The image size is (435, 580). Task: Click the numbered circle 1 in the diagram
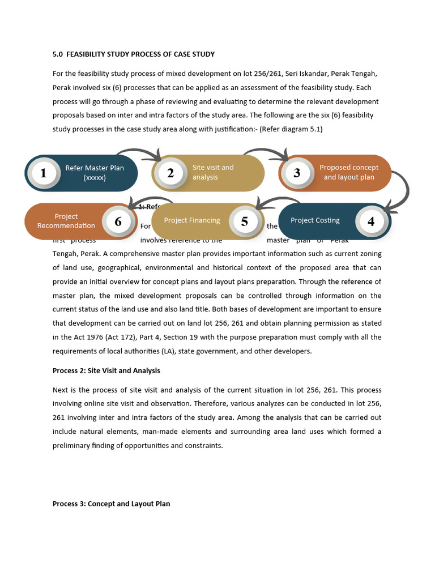(44, 173)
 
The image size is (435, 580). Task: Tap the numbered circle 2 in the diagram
(170, 173)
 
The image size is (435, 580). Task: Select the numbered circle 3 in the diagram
(297, 173)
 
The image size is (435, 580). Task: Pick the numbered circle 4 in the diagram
(371, 221)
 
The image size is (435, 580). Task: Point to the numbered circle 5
(245, 221)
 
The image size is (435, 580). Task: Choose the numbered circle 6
(118, 221)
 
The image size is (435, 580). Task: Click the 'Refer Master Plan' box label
(95, 173)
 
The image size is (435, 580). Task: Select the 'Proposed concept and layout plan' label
(349, 172)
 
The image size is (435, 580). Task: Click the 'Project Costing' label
(315, 220)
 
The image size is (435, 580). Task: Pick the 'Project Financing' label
(192, 220)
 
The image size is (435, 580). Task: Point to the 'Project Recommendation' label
(66, 221)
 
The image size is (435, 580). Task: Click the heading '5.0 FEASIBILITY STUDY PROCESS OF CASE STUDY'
(134, 54)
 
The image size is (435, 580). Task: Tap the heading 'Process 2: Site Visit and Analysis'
(106, 370)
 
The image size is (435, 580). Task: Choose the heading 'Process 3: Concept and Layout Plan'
(111, 504)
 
